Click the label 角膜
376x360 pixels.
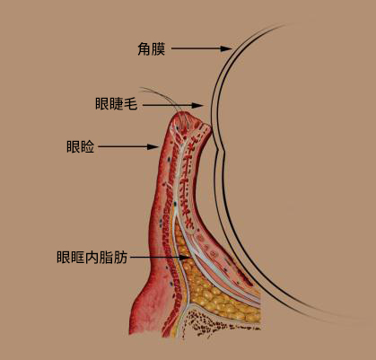click(x=152, y=48)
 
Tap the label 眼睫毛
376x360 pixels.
click(x=117, y=104)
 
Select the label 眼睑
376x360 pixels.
click(x=80, y=146)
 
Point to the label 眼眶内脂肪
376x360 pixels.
click(x=92, y=257)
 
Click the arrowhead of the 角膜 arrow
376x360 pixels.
click(x=226, y=48)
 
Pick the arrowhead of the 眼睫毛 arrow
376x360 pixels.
click(x=197, y=105)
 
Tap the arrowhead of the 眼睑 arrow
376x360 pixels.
click(x=153, y=146)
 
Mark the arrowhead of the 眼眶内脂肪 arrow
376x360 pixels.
click(x=185, y=258)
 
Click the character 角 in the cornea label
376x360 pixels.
click(x=144, y=48)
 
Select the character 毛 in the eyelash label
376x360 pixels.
click(x=131, y=104)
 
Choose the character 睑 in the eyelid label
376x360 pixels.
click(x=87, y=146)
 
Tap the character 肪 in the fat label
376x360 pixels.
click(x=121, y=257)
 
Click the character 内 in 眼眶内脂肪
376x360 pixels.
click(x=92, y=257)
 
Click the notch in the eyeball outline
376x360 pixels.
click(x=222, y=150)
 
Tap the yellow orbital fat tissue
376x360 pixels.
click(x=209, y=294)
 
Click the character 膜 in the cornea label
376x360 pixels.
click(x=159, y=48)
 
